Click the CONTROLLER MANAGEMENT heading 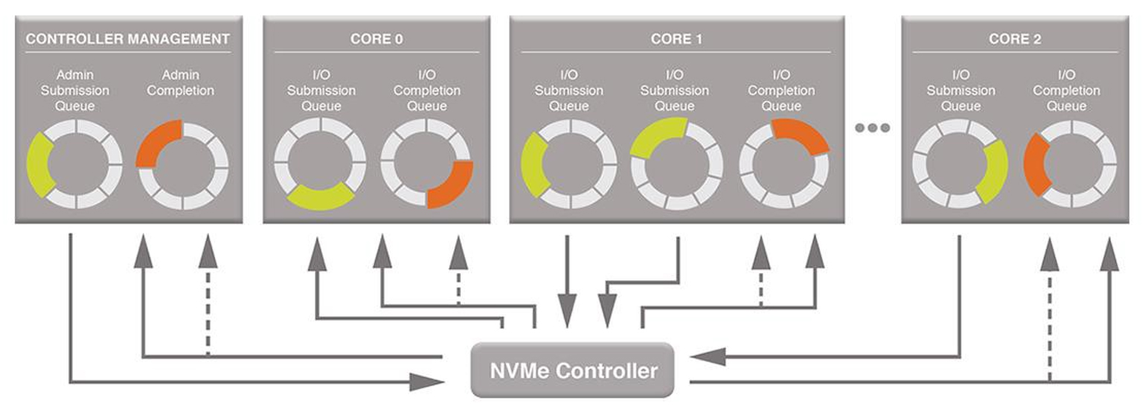click(x=127, y=39)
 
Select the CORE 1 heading click(x=676, y=39)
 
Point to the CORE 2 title click(x=1014, y=39)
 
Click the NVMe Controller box click(x=572, y=370)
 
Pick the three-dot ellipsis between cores click(x=872, y=128)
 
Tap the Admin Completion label click(x=181, y=83)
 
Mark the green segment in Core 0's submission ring click(x=320, y=197)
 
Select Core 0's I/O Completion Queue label click(x=426, y=91)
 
